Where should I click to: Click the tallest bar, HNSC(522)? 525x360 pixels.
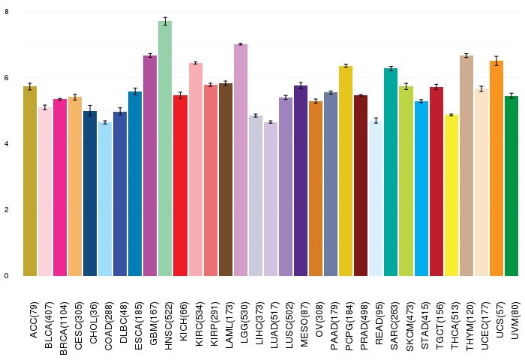[165, 150]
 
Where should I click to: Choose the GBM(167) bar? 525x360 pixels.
[150, 166]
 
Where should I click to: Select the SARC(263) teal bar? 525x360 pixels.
[391, 172]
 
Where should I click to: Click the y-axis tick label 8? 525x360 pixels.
[6, 12]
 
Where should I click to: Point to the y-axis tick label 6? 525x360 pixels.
[6, 78]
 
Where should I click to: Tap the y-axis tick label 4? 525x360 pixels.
[6, 144]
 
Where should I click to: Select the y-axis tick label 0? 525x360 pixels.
[6, 276]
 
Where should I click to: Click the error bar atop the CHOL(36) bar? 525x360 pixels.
[90, 111]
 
